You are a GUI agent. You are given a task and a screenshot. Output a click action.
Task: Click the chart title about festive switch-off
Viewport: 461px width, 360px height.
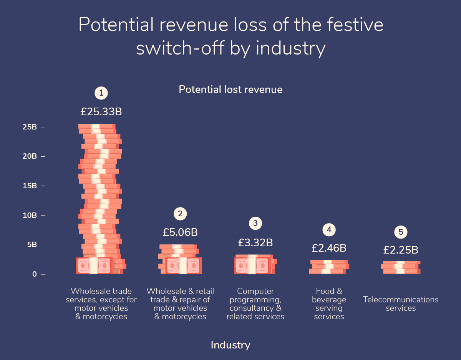[x=230, y=36]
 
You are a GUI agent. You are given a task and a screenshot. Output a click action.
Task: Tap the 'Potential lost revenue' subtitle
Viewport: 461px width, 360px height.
[x=230, y=90]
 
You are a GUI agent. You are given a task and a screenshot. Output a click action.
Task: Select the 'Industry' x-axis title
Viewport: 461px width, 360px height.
[x=230, y=345]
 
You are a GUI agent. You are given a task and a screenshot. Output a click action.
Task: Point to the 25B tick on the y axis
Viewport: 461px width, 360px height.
[x=30, y=127]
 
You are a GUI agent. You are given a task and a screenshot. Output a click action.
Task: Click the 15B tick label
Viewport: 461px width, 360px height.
[x=30, y=186]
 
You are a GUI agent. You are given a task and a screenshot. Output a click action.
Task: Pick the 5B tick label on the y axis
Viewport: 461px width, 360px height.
[x=32, y=245]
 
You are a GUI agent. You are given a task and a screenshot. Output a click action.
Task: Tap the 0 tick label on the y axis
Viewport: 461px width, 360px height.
[x=35, y=274]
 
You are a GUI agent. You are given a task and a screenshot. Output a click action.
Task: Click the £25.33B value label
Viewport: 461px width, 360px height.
[x=101, y=112]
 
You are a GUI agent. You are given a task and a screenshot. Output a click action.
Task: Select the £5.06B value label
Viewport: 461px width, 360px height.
[x=180, y=232]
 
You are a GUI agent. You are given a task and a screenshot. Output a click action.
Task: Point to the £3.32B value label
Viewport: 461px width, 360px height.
[x=255, y=242]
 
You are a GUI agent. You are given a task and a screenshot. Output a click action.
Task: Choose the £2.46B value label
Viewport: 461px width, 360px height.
[x=329, y=248]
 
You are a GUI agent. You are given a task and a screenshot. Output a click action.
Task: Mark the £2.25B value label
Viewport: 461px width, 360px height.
[x=401, y=250]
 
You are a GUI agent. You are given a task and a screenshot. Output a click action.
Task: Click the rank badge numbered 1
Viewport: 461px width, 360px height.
[x=101, y=93]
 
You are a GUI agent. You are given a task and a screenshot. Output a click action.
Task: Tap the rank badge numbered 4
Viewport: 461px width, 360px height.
[x=329, y=230]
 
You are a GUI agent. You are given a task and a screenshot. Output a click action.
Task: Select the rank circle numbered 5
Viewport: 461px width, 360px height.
[x=401, y=232]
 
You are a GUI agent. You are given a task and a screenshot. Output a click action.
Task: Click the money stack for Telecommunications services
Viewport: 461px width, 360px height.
[x=401, y=267]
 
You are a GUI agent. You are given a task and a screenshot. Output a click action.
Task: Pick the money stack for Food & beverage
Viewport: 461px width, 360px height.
[x=329, y=267]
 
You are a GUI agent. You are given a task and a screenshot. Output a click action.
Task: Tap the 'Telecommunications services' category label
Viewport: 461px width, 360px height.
[x=401, y=304]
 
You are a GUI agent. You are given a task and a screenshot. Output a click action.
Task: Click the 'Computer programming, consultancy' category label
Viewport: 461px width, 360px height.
[x=255, y=304]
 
